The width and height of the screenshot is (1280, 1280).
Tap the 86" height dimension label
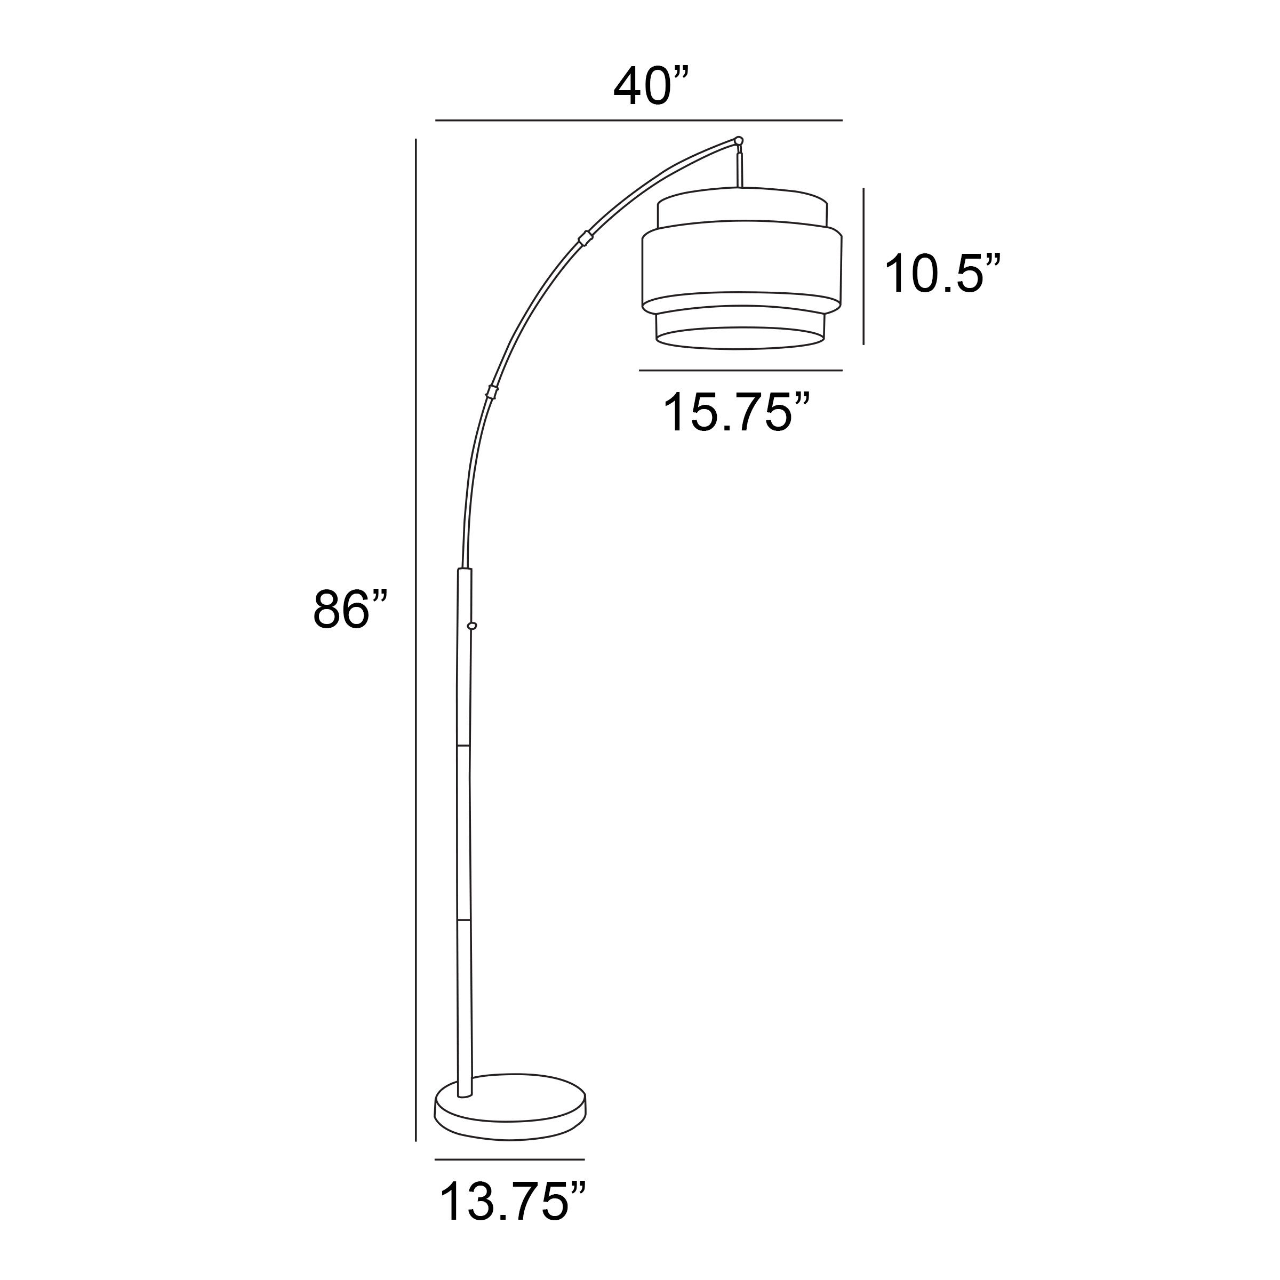[x=350, y=610]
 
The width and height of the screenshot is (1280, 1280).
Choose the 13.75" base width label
[x=513, y=1201]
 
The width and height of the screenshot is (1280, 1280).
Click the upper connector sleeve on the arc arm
[x=585, y=238]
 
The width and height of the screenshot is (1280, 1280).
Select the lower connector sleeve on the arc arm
[x=492, y=391]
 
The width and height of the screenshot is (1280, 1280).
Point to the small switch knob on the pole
[x=471, y=626]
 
